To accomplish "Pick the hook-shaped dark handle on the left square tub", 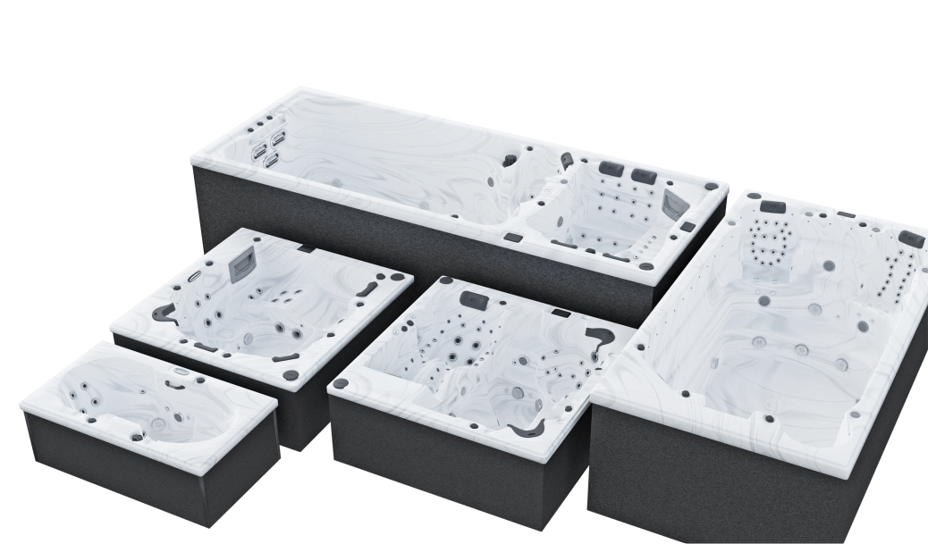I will [164, 312].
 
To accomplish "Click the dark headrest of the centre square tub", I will [473, 297].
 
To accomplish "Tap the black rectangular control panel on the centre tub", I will [562, 313].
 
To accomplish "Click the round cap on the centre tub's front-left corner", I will [340, 384].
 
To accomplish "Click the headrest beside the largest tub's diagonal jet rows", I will [912, 239].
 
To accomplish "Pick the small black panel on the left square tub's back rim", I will [306, 247].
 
